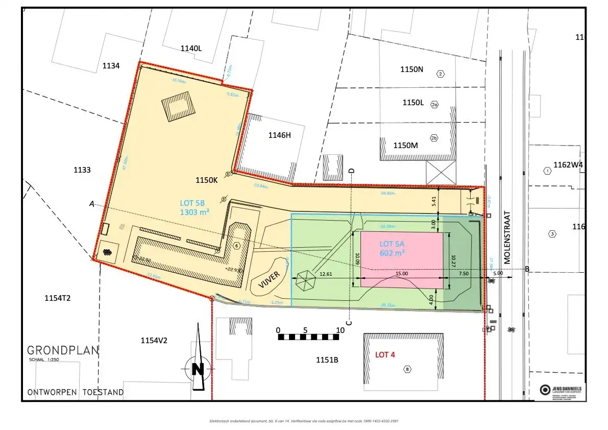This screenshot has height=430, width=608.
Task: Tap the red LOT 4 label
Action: (385, 355)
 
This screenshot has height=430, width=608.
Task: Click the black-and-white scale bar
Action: (308, 337)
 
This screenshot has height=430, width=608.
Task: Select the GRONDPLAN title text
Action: (63, 351)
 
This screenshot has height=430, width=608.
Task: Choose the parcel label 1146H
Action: (279, 135)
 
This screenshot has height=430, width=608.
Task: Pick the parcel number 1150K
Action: (207, 180)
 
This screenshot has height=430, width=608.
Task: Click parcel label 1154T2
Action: (60, 298)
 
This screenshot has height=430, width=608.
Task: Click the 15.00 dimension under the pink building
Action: (402, 274)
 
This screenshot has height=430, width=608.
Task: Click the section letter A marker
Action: (92, 204)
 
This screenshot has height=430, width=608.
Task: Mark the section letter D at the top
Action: (351, 170)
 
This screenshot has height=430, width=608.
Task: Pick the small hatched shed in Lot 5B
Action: (178, 107)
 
